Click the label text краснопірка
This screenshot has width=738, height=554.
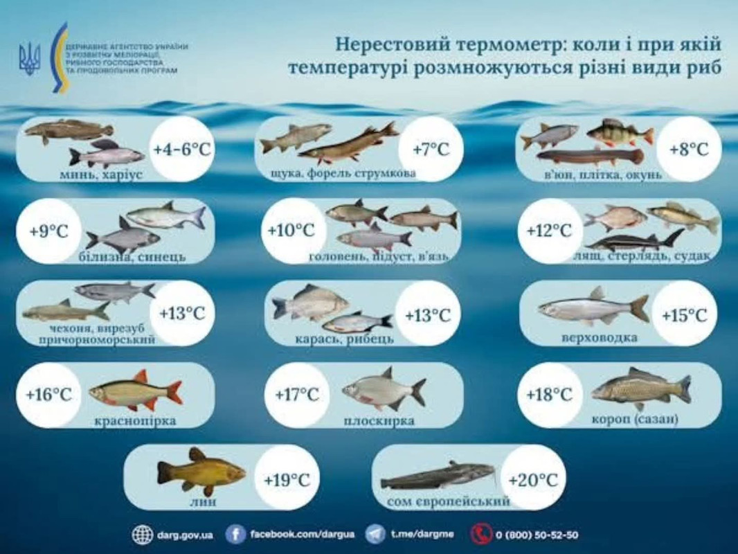135,420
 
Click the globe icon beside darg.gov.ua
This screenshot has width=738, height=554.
143,535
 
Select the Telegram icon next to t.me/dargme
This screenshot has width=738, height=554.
375,535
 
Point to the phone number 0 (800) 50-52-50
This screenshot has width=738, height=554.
537,535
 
